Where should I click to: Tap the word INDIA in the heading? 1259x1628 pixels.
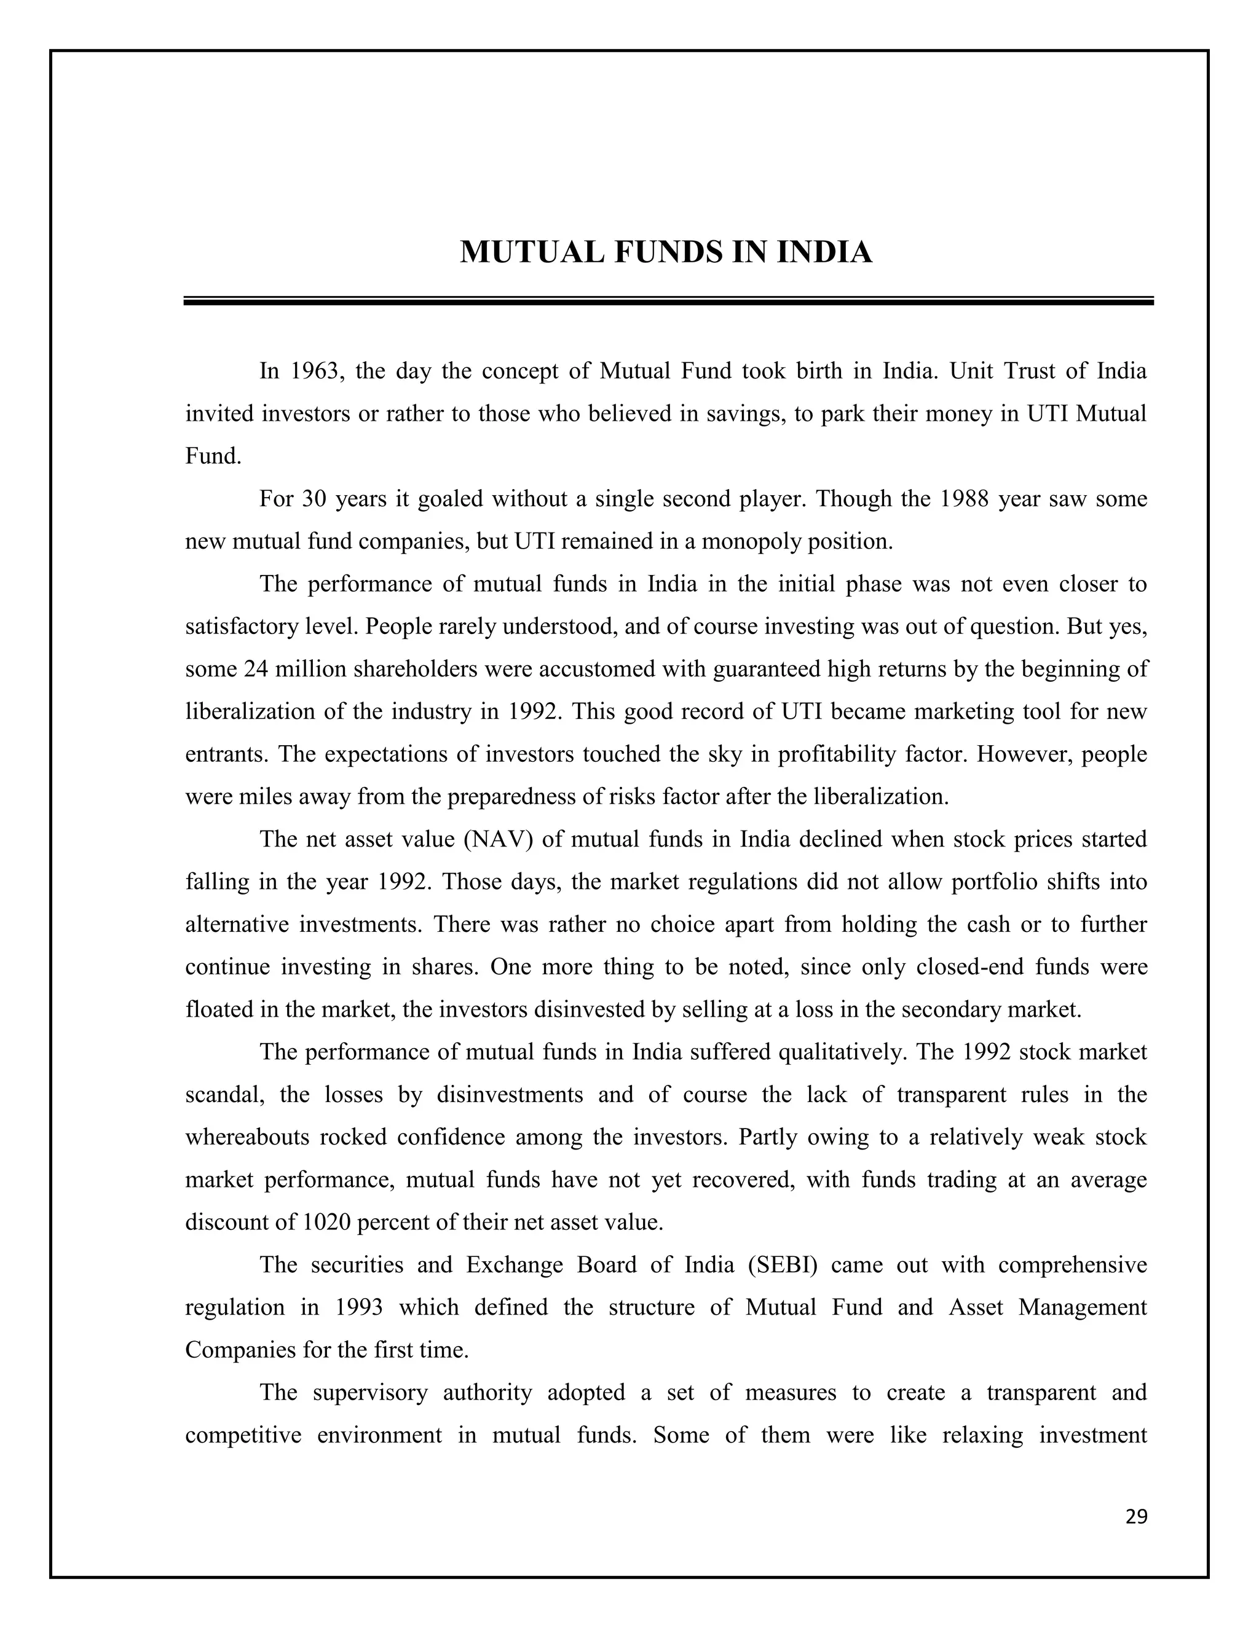(x=825, y=252)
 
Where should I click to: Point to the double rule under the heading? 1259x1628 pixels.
(x=668, y=301)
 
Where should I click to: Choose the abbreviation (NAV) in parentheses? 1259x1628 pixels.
(x=498, y=839)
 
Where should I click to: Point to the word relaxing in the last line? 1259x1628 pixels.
(x=982, y=1435)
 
